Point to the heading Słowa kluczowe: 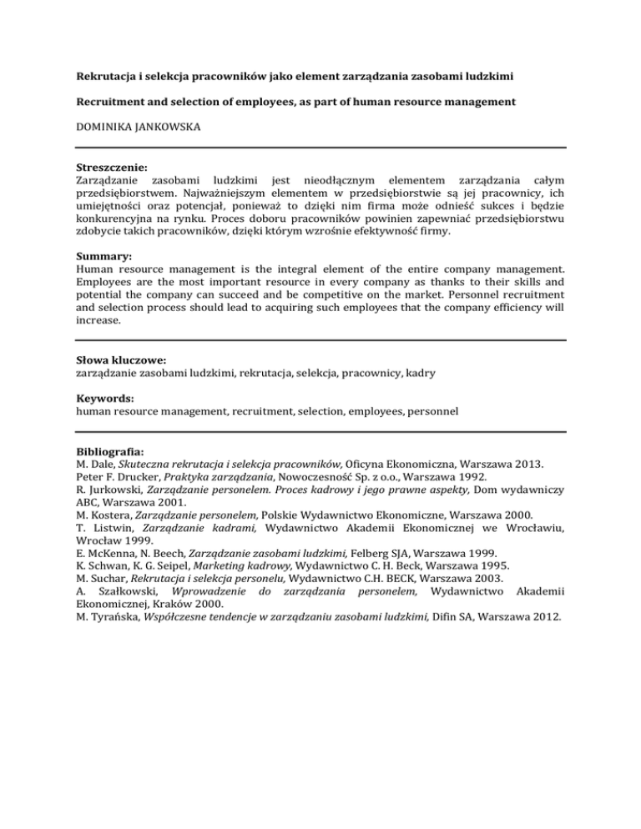coord(119,362)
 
